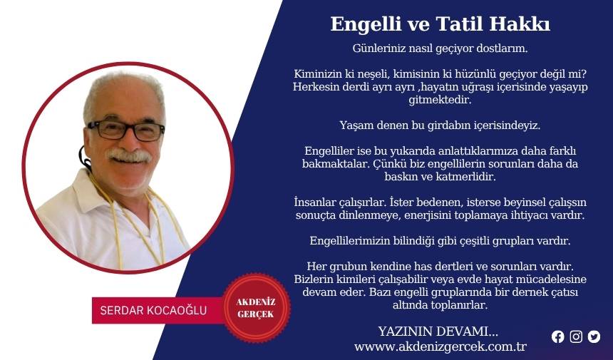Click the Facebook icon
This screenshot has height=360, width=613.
click(x=558, y=336)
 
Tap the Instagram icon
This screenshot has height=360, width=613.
click(x=576, y=336)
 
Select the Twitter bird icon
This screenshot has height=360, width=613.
click(x=594, y=336)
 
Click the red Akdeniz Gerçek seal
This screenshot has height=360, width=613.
click(x=257, y=308)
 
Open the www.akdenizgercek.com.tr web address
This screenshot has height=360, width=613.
click(x=441, y=346)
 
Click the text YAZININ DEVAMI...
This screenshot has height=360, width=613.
click(x=438, y=332)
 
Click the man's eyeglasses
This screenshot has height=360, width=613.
click(x=126, y=130)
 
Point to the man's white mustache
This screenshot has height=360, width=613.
click(x=129, y=155)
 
